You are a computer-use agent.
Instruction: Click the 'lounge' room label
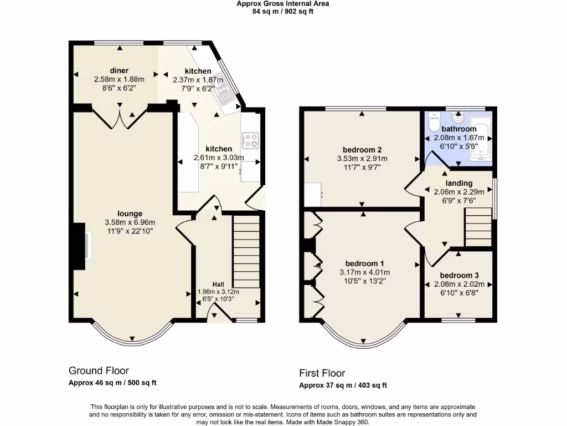tap(130, 214)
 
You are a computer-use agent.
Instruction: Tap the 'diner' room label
tap(119, 70)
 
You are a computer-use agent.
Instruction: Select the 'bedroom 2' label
tap(362, 150)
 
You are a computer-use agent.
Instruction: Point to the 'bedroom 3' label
tap(459, 276)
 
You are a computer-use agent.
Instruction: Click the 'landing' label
tap(459, 183)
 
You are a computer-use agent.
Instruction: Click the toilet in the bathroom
tap(434, 121)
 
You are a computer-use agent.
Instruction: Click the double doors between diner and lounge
tap(120, 118)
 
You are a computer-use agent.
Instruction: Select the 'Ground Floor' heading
tap(99, 370)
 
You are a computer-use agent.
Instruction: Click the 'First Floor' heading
tap(322, 373)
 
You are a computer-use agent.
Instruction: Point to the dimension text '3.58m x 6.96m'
tap(130, 222)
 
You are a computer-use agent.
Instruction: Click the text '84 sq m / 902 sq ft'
tap(283, 11)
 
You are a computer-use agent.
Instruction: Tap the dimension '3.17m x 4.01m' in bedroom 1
tap(365, 272)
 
